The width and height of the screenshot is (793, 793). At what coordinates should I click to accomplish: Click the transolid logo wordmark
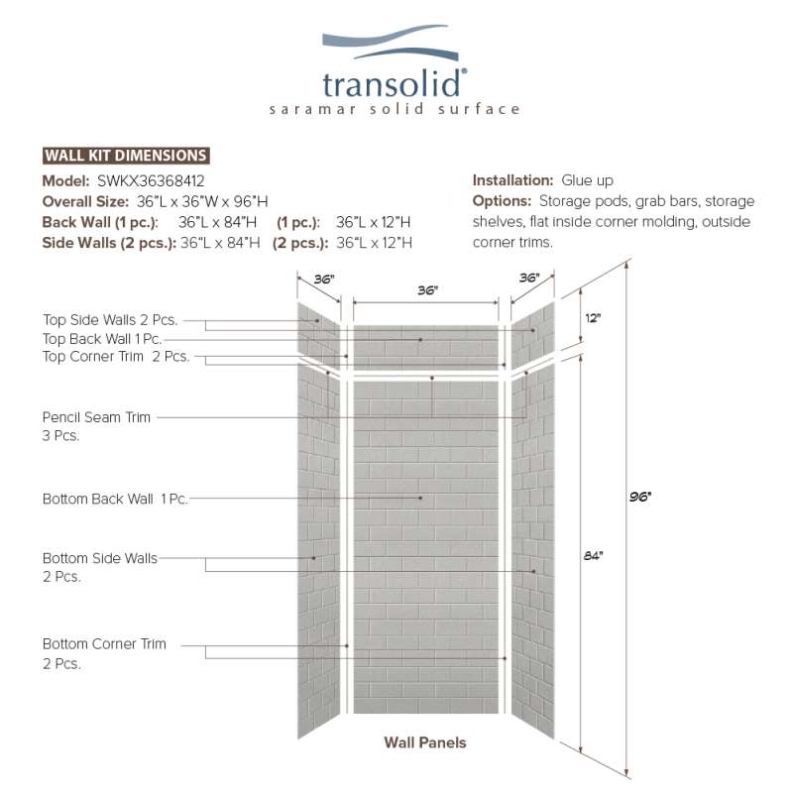394,82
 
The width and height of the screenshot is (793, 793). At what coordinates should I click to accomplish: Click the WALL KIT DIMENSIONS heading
126,156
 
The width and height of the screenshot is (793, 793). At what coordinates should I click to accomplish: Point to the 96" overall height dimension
639,497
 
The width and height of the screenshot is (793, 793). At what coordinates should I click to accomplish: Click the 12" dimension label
593,318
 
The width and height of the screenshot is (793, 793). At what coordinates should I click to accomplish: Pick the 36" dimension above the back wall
427,290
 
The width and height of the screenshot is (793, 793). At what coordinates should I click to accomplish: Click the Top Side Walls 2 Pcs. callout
110,320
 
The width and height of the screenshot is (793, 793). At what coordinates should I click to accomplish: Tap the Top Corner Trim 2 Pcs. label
116,357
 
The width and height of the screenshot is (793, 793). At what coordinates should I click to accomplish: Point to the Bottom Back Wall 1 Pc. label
115,499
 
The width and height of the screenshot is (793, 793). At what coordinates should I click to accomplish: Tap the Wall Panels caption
424,741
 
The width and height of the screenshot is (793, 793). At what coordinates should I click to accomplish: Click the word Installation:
511,180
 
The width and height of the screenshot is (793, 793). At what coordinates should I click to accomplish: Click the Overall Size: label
86,201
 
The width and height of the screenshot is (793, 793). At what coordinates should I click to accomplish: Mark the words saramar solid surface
394,109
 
